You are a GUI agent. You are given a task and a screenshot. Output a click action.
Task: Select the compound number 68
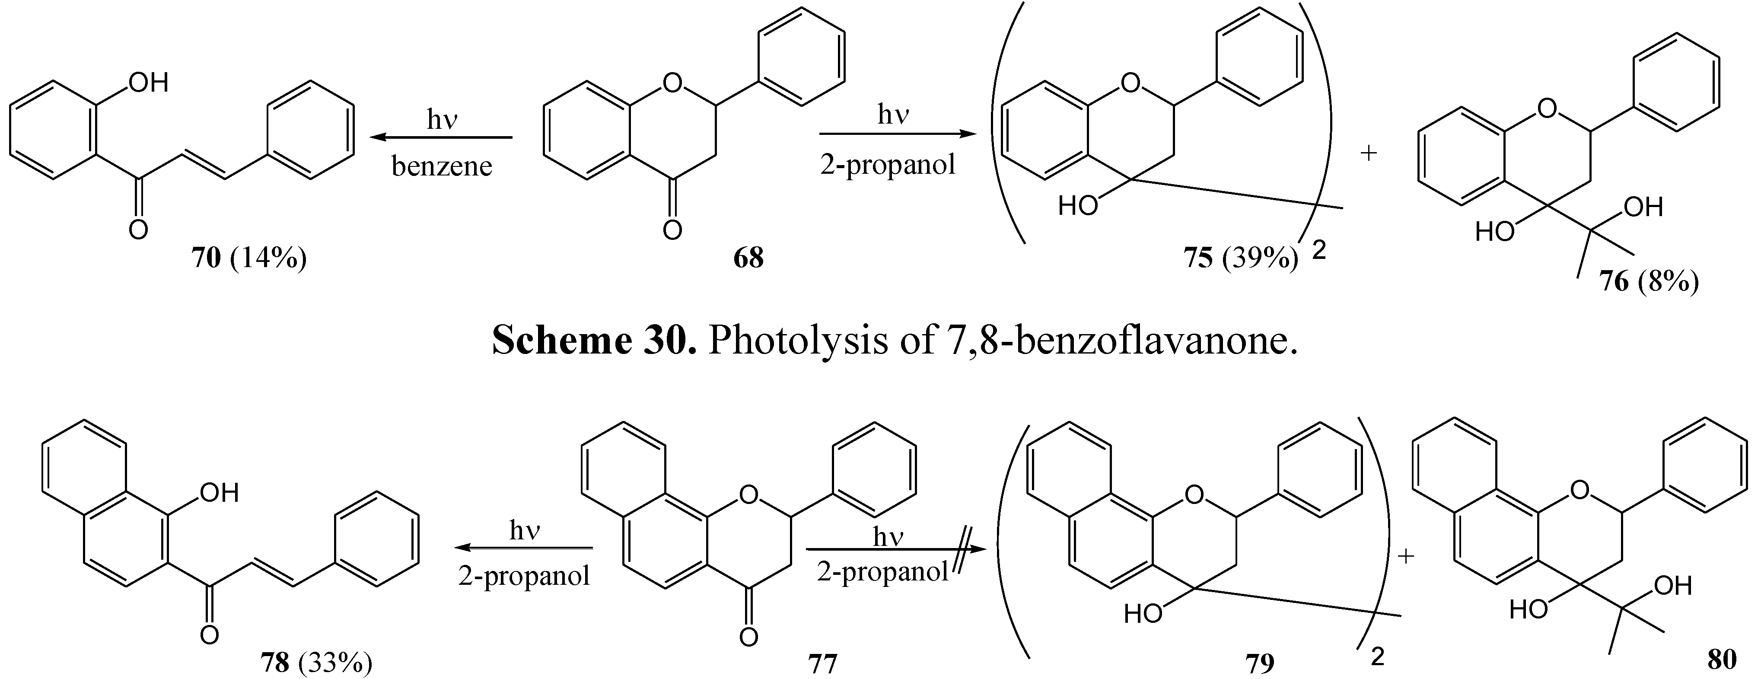[748, 258]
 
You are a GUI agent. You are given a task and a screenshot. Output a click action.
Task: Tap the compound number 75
[1198, 258]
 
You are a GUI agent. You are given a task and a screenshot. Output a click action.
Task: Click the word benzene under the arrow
[442, 166]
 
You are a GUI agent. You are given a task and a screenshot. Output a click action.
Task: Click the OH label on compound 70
[148, 83]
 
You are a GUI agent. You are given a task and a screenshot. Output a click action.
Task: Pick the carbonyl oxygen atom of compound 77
[748, 637]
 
